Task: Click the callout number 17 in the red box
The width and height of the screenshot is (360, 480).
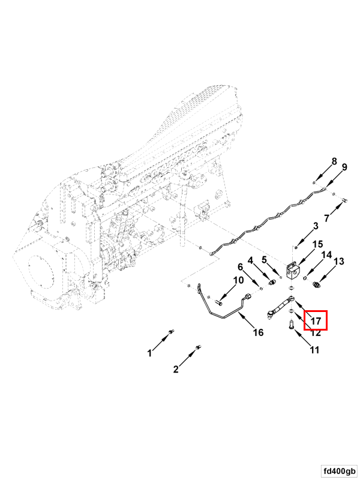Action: pyautogui.click(x=316, y=321)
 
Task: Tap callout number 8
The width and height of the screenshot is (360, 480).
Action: pyautogui.click(x=334, y=161)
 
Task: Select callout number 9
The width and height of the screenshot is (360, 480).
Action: pyautogui.click(x=344, y=167)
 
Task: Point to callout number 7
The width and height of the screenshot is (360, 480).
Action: pyautogui.click(x=326, y=218)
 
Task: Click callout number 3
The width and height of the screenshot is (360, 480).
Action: pyautogui.click(x=316, y=226)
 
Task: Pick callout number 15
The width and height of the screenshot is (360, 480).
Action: pyautogui.click(x=317, y=244)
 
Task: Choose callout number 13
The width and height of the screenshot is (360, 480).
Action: pyautogui.click(x=338, y=262)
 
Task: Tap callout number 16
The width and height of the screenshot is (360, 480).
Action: pyautogui.click(x=258, y=332)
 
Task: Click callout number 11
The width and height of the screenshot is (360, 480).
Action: pyautogui.click(x=314, y=350)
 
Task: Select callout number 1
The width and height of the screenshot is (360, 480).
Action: pyautogui.click(x=149, y=353)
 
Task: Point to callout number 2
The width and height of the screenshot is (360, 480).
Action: pyautogui.click(x=176, y=369)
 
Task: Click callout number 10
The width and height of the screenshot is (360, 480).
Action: pyautogui.click(x=238, y=280)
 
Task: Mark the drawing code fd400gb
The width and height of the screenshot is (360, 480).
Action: pyautogui.click(x=340, y=471)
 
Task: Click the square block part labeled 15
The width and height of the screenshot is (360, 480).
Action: pyautogui.click(x=293, y=271)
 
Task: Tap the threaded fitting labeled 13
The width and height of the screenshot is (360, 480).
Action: pyautogui.click(x=316, y=285)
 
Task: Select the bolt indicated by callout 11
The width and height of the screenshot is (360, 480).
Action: pyautogui.click(x=290, y=324)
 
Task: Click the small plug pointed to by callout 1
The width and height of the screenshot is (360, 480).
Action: pyautogui.click(x=171, y=332)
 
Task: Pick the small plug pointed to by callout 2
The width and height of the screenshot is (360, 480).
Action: pyautogui.click(x=198, y=347)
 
